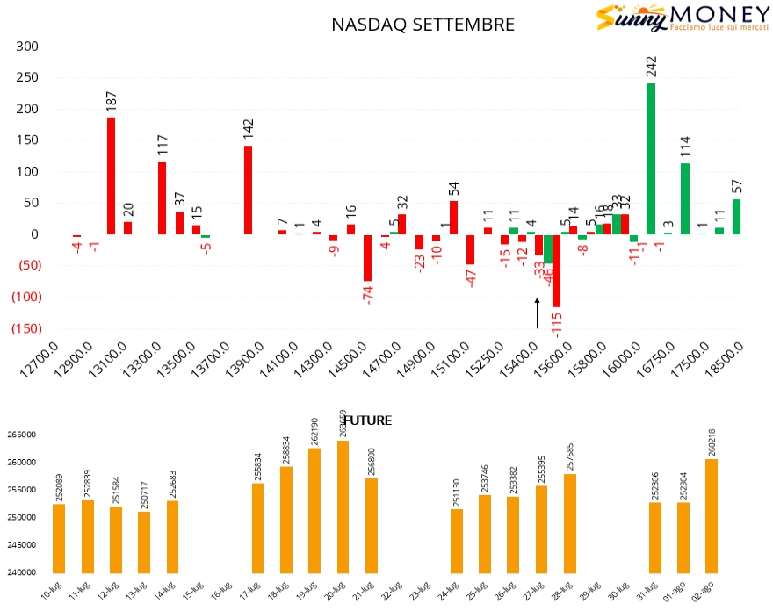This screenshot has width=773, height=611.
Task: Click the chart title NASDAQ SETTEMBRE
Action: tap(423, 25)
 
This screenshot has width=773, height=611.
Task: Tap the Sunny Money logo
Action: tap(672, 18)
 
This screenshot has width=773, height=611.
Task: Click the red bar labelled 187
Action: tap(112, 176)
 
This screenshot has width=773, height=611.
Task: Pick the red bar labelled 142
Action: tap(248, 190)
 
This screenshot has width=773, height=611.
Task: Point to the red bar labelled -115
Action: tap(556, 270)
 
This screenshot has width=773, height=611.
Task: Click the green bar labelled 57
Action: tap(736, 217)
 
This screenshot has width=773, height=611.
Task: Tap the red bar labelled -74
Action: tap(367, 257)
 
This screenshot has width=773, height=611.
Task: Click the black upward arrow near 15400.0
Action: tap(538, 313)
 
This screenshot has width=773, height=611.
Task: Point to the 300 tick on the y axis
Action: tap(28, 47)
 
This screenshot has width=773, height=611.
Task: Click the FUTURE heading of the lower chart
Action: tap(367, 421)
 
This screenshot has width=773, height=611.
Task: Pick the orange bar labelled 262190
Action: tap(314, 510)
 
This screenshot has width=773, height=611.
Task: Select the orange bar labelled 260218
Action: tap(712, 515)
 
